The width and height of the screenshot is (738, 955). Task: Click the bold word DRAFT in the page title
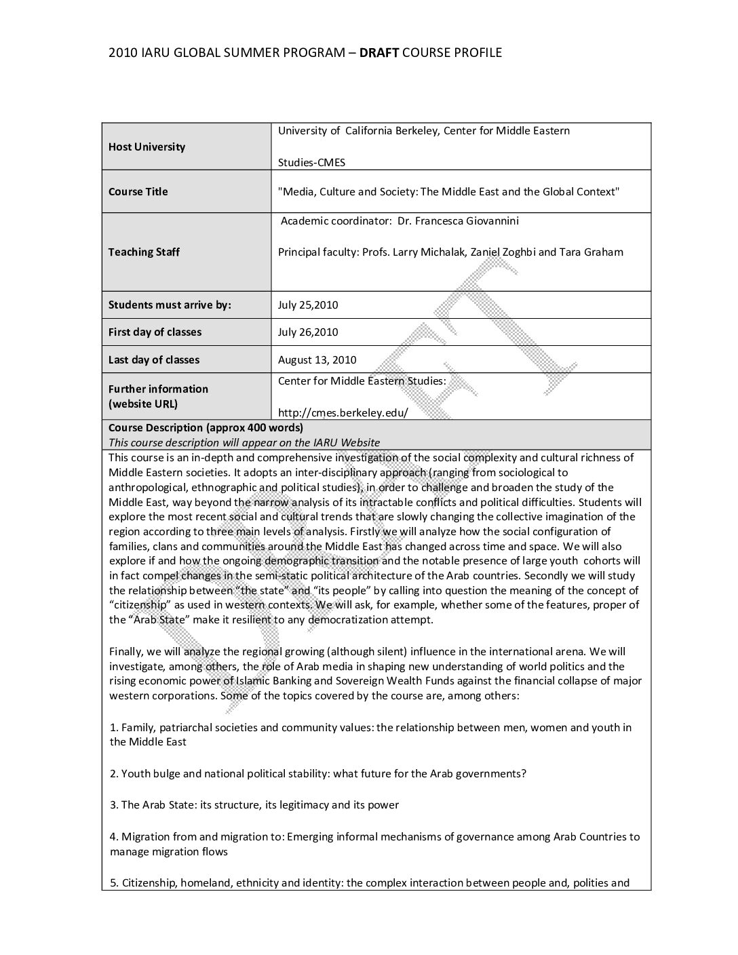378,53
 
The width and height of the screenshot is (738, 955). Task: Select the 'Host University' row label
147,147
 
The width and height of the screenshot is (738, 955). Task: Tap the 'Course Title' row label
138,192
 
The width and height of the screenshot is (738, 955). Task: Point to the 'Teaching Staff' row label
144,252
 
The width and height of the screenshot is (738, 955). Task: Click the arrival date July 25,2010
308,305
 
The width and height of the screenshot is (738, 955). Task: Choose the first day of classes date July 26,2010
308,332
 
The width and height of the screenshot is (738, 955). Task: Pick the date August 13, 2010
317,360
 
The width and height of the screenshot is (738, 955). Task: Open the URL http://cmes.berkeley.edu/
343,412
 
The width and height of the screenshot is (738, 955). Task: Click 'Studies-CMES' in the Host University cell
311,163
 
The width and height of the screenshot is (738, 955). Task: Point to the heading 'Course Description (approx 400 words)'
206,428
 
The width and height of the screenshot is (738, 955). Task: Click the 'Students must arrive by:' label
170,305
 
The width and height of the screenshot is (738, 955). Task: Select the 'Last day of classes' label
154,360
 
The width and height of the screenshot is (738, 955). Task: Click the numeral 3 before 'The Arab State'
113,805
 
